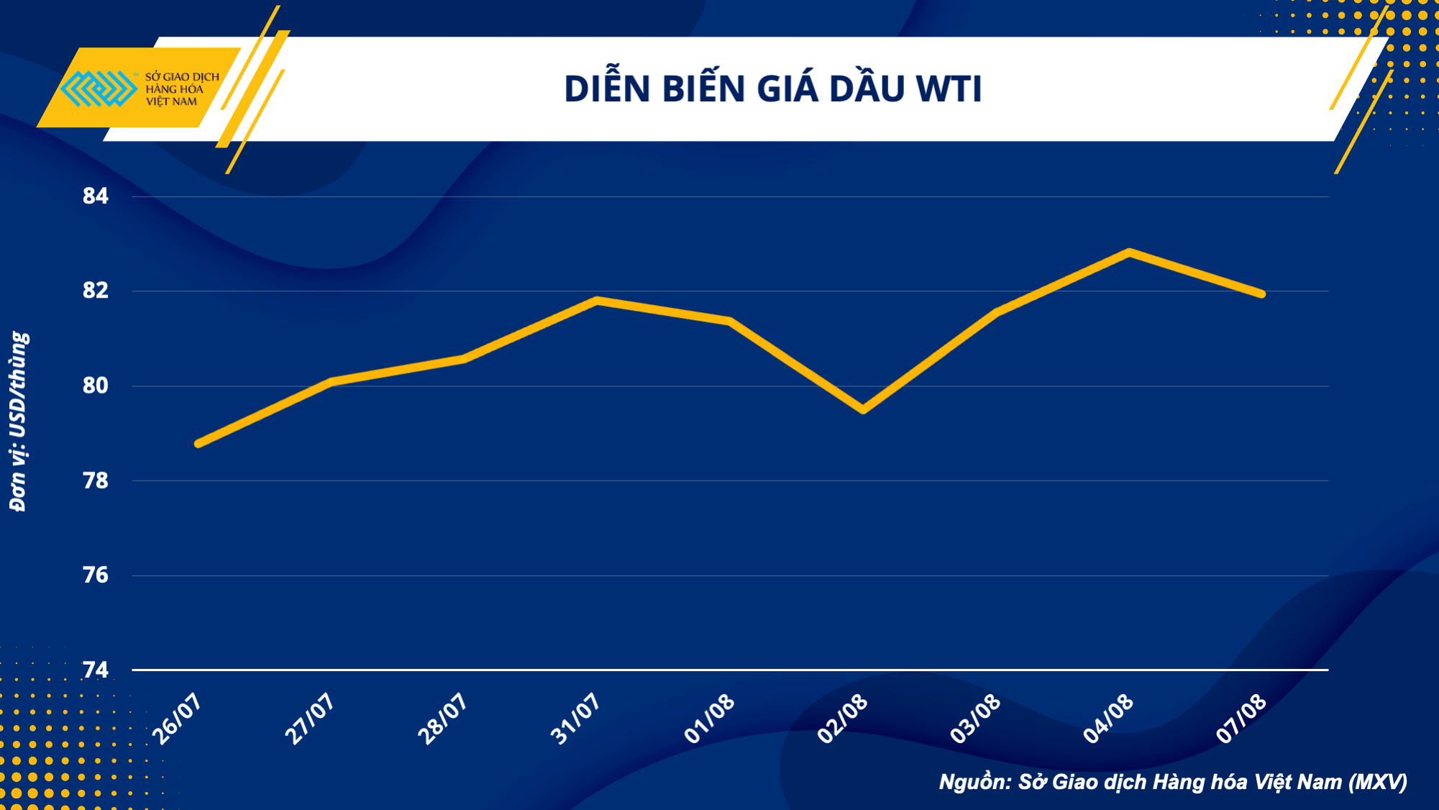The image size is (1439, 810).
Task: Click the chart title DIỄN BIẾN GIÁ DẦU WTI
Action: coord(772,89)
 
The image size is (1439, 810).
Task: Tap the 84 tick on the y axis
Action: coord(96,196)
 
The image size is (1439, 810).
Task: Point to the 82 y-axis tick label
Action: coord(96,290)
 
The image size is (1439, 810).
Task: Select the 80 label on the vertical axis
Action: coord(96,386)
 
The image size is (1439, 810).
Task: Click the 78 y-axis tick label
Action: coord(96,481)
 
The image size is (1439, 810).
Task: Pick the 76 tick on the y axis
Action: coord(96,575)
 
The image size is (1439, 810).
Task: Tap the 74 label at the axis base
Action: coord(96,670)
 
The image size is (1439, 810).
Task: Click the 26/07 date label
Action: coord(177,719)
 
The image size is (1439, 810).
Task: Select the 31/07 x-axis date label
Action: coord(575,719)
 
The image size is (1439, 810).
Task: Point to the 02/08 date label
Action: coord(843,719)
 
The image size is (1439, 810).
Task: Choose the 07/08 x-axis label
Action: coord(1241,719)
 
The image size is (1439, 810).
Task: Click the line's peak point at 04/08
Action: coord(1130,252)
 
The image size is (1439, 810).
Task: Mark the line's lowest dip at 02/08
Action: coord(863,410)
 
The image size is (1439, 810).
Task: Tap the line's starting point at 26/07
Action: coord(198,444)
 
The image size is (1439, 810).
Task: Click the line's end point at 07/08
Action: coord(1262,294)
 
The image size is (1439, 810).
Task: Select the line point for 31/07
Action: coord(597,300)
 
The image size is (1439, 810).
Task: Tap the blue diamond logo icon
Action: coord(98,88)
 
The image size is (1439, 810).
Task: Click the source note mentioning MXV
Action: coord(1173,782)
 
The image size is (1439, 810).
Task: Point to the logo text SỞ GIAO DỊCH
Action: coord(182,77)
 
